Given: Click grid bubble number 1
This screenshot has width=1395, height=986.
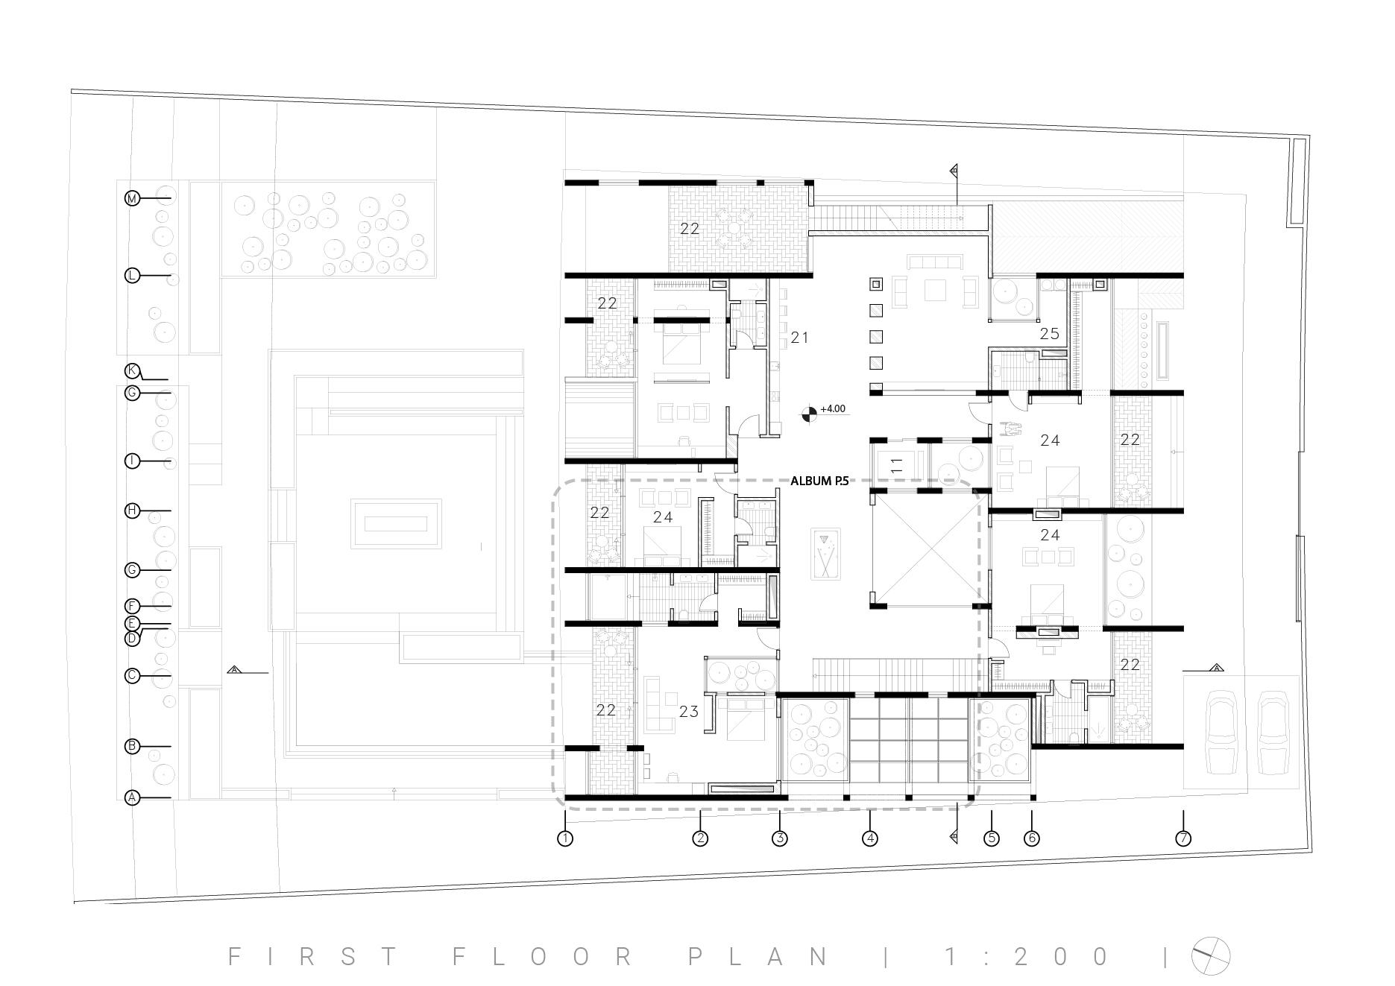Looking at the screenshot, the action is tap(565, 838).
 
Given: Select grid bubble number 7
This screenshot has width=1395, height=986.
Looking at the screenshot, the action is tap(1183, 838).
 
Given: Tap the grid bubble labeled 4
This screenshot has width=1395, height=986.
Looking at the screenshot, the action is tap(870, 838).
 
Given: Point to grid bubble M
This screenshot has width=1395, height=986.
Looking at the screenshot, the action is tap(132, 198).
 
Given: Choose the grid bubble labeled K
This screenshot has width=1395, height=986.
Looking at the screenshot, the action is tap(132, 370).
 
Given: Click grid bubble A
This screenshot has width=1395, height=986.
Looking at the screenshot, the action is tap(132, 798).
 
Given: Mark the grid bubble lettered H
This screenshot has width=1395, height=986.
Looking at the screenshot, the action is tap(132, 511).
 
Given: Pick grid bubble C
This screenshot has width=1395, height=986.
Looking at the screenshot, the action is tap(132, 676).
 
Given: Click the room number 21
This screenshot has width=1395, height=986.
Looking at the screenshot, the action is tap(800, 338).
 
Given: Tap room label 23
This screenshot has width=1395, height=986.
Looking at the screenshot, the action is tap(689, 712).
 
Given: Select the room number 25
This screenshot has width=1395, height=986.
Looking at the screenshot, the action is tap(1050, 334).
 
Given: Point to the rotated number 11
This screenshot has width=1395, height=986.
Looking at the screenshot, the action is tap(897, 466).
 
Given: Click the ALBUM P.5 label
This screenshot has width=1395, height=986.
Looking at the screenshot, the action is tap(819, 481).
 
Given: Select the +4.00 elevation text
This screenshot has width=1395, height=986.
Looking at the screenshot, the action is tap(833, 409).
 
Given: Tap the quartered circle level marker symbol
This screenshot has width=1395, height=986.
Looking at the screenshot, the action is tap(808, 413).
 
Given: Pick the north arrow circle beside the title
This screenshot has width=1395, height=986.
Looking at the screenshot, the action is tap(1210, 955).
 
